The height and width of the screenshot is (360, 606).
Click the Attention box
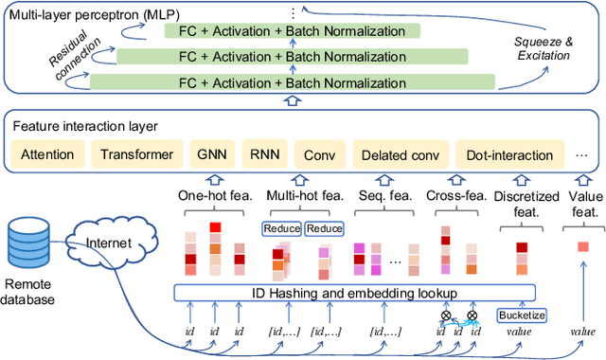pos(47,153)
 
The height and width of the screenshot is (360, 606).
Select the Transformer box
pos(136,153)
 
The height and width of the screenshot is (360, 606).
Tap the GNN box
pos(210,153)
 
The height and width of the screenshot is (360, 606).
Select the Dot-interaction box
pos(505,153)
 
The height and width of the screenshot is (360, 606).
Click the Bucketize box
pos(522,314)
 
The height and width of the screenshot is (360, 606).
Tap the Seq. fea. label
pos(379,196)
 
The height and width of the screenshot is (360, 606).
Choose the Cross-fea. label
pos(453,196)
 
